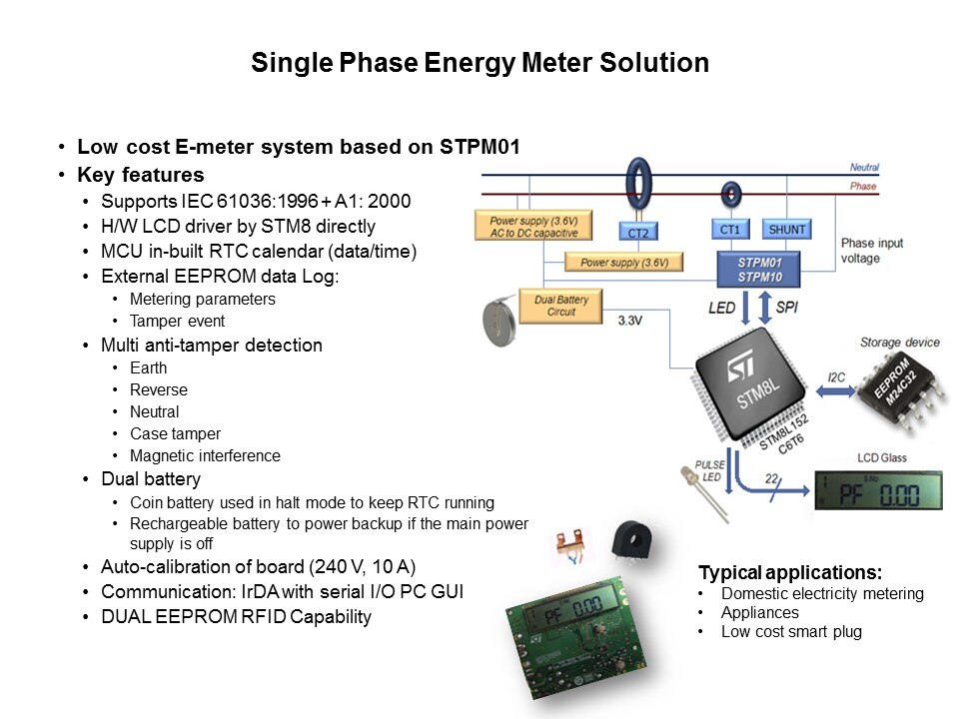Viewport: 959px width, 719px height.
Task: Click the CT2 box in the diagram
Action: click(637, 233)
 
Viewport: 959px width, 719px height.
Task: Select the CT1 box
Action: click(730, 230)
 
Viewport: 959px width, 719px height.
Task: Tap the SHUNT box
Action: click(786, 230)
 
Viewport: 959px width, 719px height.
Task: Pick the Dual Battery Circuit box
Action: click(560, 306)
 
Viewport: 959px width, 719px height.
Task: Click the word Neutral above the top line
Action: click(864, 168)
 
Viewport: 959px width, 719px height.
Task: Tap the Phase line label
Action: click(863, 187)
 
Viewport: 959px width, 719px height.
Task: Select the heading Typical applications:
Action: click(790, 573)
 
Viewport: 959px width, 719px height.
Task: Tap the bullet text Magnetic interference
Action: click(205, 456)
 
